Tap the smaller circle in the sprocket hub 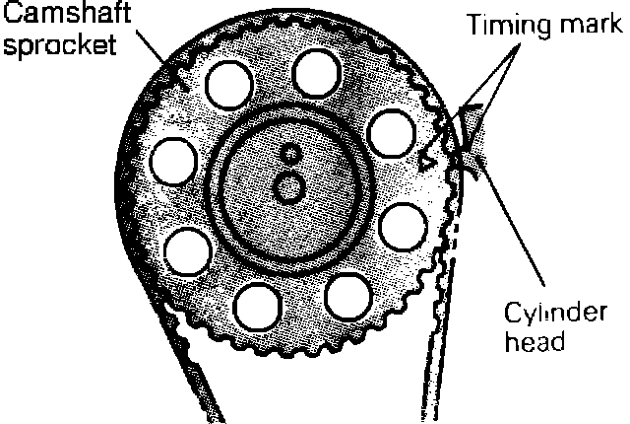click(x=288, y=154)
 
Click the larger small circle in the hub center click(x=288, y=186)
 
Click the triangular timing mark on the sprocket click(x=426, y=158)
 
